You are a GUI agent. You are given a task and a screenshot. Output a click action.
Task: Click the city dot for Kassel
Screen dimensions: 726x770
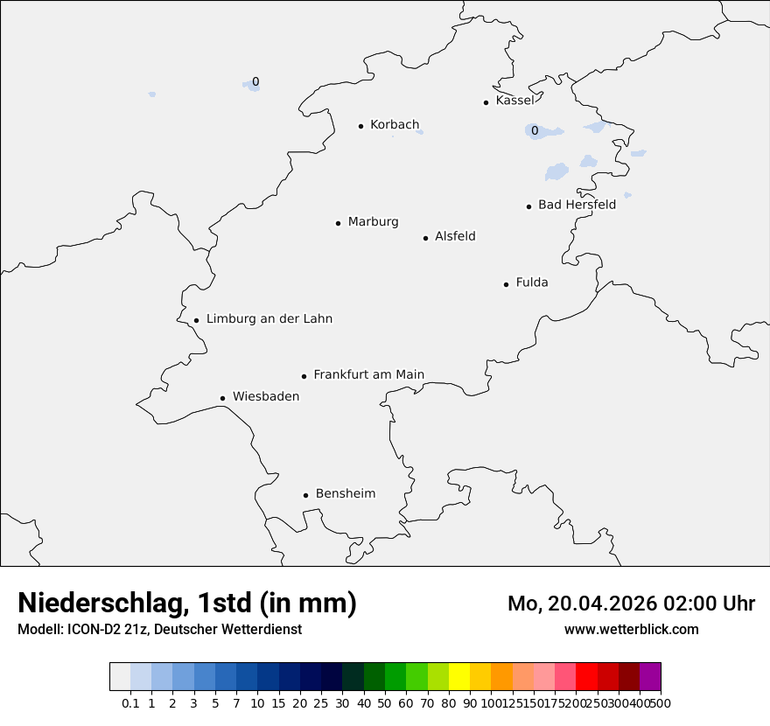(486, 102)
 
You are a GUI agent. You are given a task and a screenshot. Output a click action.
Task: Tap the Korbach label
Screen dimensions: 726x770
(395, 124)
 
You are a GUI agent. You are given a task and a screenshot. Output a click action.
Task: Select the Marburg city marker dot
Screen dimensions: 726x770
(338, 223)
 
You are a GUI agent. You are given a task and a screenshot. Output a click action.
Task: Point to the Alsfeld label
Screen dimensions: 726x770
(455, 236)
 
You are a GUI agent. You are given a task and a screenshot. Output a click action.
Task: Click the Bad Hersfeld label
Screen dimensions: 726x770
(577, 205)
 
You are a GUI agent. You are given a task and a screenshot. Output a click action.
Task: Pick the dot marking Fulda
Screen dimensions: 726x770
(506, 284)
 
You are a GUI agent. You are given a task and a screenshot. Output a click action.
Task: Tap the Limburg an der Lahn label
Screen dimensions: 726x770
(269, 318)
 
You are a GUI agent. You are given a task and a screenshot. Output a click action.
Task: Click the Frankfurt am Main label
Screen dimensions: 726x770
(368, 374)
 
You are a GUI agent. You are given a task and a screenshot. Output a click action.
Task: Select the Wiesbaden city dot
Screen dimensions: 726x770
(222, 398)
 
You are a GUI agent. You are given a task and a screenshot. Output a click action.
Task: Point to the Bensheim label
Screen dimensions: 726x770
(346, 493)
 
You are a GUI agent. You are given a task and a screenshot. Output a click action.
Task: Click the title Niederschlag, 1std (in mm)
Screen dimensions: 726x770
(187, 603)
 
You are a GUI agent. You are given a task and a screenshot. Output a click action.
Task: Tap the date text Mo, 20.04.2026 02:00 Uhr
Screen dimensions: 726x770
(631, 604)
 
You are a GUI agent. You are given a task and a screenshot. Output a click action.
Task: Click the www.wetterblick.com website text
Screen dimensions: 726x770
(631, 629)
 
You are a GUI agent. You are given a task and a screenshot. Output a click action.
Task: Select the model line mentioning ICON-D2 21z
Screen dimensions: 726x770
(159, 629)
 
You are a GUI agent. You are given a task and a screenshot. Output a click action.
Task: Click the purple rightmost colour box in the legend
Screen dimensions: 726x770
(650, 677)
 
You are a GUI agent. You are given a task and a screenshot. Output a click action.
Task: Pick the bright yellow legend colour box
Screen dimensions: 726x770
(459, 677)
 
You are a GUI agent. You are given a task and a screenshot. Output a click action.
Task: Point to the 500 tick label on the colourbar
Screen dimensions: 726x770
(661, 702)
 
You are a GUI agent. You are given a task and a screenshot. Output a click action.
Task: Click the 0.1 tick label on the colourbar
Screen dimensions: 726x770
(130, 702)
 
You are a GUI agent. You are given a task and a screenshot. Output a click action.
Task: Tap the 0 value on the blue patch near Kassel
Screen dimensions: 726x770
(534, 131)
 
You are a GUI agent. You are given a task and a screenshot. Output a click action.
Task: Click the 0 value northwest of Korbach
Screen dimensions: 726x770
(255, 82)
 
